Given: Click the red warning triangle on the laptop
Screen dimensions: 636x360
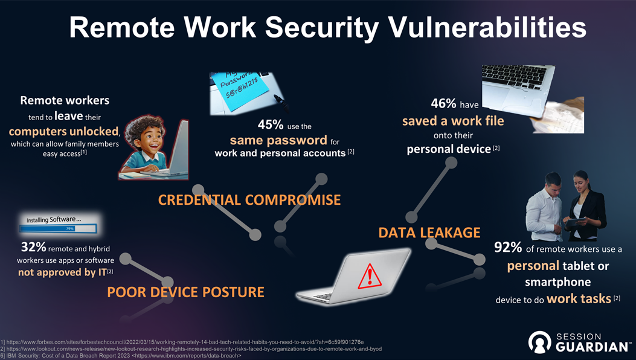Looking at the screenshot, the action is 369,277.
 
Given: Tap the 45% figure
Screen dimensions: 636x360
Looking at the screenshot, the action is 271,124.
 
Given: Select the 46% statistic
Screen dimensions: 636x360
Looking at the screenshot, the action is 443,103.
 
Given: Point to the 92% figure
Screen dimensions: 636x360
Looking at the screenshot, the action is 508,247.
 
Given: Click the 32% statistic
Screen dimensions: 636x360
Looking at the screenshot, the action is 34,247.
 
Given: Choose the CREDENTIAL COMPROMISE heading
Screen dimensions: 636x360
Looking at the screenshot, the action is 249,200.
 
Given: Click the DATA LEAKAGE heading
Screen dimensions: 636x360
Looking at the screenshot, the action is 429,233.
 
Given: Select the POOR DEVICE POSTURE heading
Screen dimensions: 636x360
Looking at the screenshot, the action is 186,292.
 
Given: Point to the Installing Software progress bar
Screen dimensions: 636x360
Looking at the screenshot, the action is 57,229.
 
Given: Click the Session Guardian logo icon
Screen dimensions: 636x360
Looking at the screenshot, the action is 540,342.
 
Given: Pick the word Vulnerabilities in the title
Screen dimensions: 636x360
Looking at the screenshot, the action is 487,27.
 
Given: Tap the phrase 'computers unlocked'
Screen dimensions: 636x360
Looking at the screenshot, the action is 64,132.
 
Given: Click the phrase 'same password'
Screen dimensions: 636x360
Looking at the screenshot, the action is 278,140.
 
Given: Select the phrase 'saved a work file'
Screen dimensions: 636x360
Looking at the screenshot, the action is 453,121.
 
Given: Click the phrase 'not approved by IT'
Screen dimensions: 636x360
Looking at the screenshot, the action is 62,272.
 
